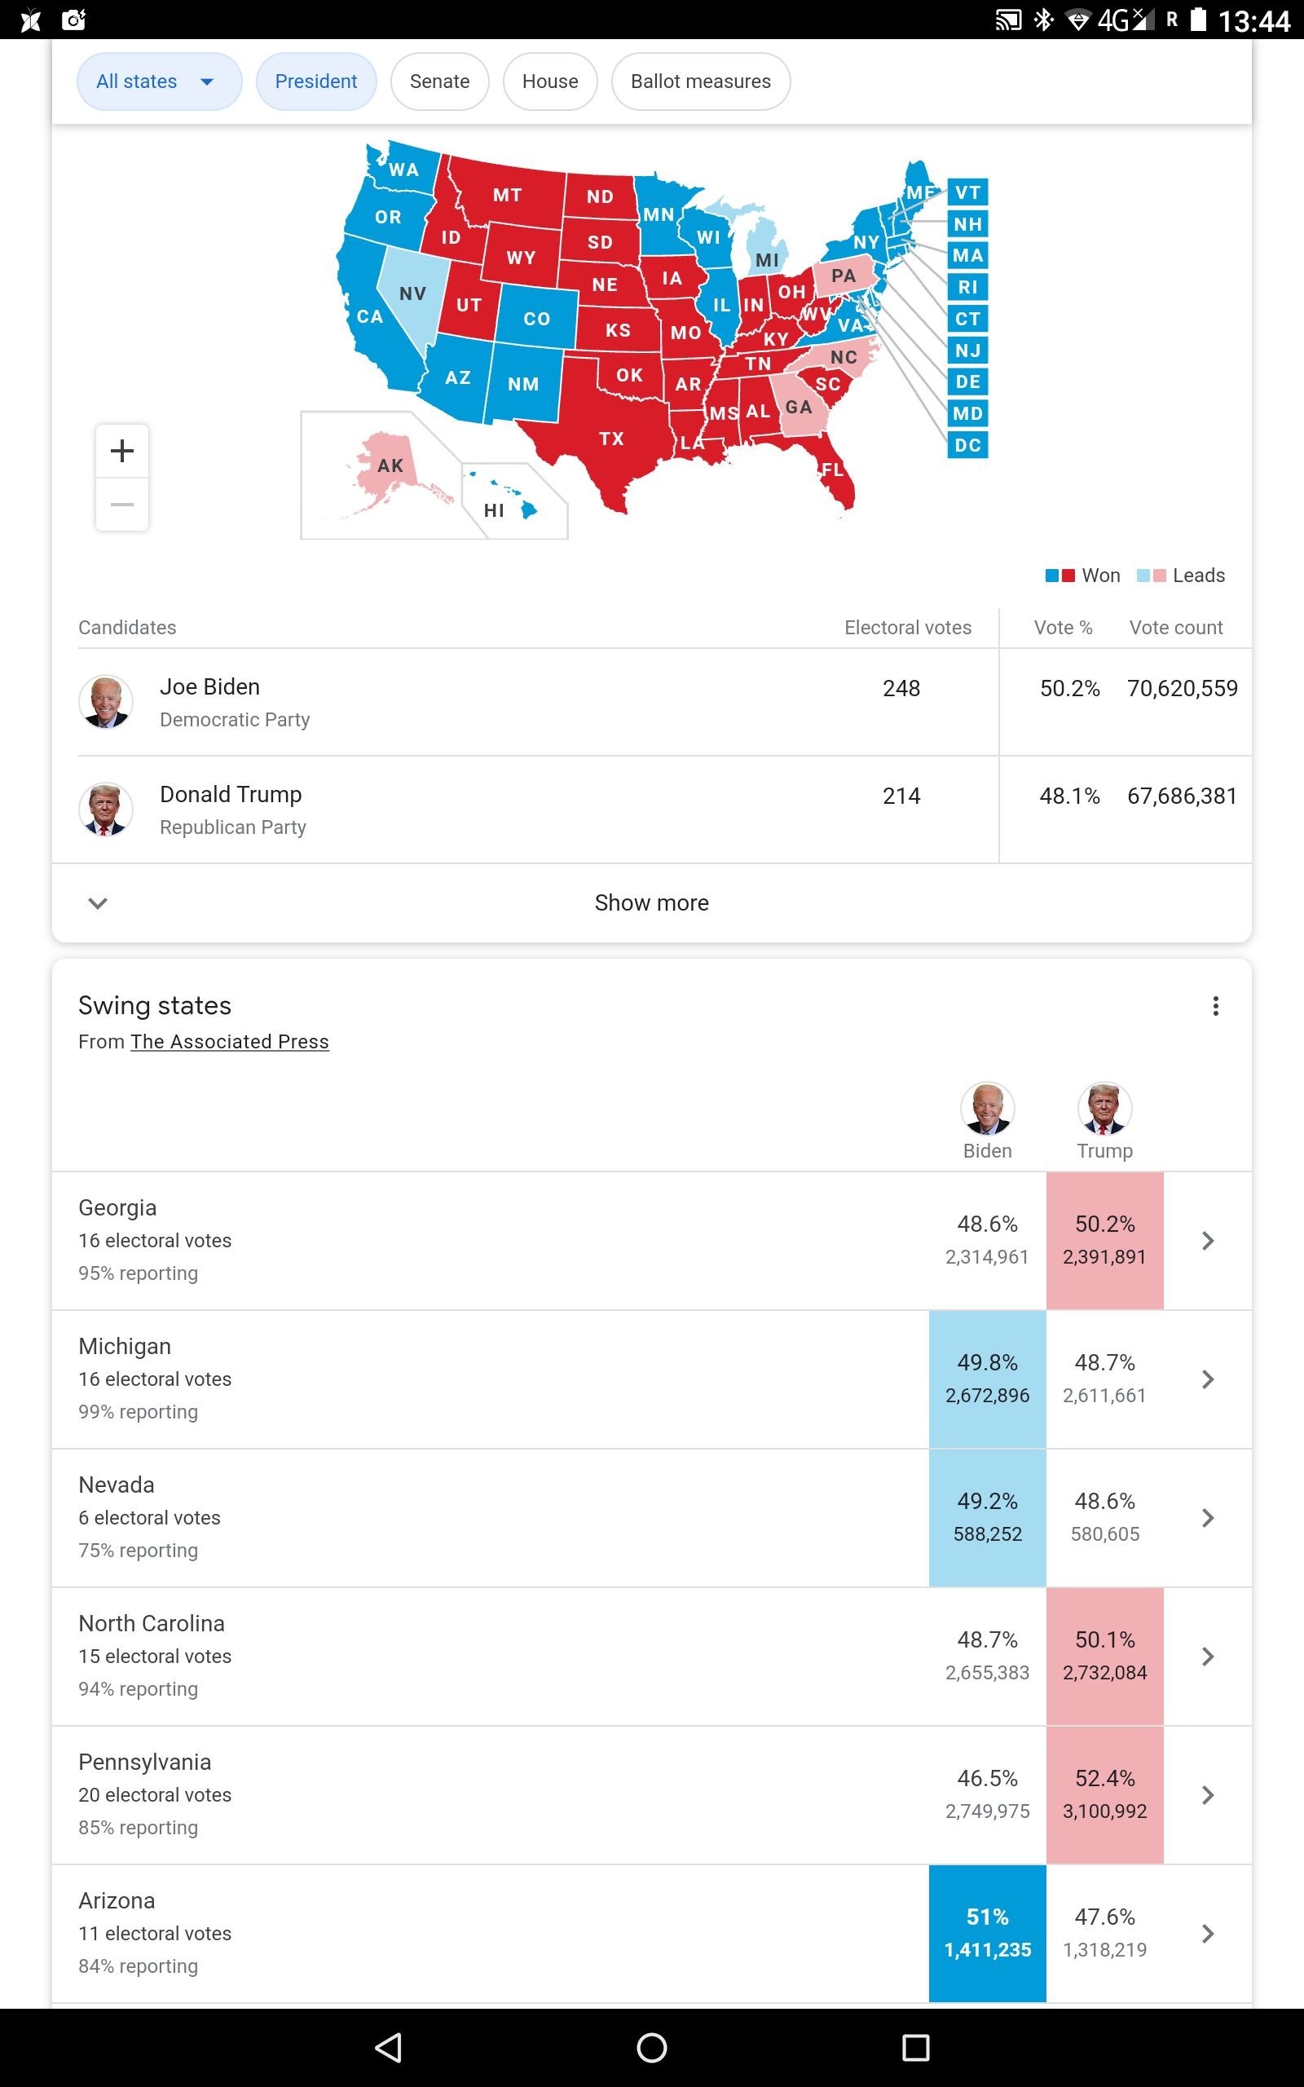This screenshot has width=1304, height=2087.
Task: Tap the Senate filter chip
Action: (440, 81)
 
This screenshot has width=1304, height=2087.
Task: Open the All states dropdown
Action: (160, 81)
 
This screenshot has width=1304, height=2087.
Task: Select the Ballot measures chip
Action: (700, 81)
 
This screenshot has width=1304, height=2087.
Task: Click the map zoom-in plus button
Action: (122, 450)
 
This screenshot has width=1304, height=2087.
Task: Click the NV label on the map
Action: (413, 293)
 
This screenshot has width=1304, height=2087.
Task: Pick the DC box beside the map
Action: (967, 445)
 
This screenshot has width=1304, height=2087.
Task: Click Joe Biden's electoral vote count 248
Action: (901, 688)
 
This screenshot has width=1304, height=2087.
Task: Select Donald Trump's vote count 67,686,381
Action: (1182, 796)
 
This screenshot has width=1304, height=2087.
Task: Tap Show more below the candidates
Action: (652, 902)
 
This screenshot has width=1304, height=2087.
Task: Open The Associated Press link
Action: (229, 1042)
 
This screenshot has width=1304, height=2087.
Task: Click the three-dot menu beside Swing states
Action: (1215, 1005)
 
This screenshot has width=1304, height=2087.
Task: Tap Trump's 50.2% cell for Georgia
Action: (1105, 1240)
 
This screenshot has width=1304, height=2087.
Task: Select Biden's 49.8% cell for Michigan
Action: (988, 1379)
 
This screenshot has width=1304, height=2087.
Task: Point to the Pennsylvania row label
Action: (145, 1762)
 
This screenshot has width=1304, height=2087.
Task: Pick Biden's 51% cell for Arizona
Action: (988, 1933)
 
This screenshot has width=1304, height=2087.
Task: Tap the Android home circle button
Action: (652, 2047)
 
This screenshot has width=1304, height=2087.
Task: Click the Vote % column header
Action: (1064, 627)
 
